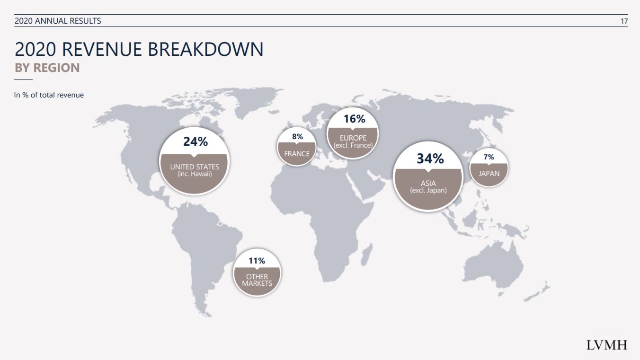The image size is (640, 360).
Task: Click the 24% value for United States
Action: click(196, 141)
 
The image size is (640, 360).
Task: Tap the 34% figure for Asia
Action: click(430, 158)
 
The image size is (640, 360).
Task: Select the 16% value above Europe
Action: click(354, 119)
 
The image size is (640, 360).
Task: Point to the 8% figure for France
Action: click(297, 136)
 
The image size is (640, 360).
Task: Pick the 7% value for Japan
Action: click(489, 157)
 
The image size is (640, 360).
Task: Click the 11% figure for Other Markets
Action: click(257, 261)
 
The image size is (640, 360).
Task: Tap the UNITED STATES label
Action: click(195, 167)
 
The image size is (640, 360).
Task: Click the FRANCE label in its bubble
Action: click(297, 154)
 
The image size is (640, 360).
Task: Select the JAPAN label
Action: click(489, 173)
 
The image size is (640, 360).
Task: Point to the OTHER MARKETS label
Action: click(257, 280)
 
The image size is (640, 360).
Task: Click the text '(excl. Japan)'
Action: click(428, 190)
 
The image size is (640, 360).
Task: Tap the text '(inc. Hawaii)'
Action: click(195, 174)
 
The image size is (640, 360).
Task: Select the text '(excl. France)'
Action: click(353, 145)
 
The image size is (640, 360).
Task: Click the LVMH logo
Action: click(607, 345)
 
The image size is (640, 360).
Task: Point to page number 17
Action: click(624, 21)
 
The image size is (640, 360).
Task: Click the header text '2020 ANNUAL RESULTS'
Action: click(58, 21)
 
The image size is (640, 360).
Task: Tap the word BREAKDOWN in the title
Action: click(205, 49)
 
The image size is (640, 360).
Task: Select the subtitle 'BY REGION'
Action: click(47, 68)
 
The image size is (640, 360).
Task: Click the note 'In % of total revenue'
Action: click(49, 95)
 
